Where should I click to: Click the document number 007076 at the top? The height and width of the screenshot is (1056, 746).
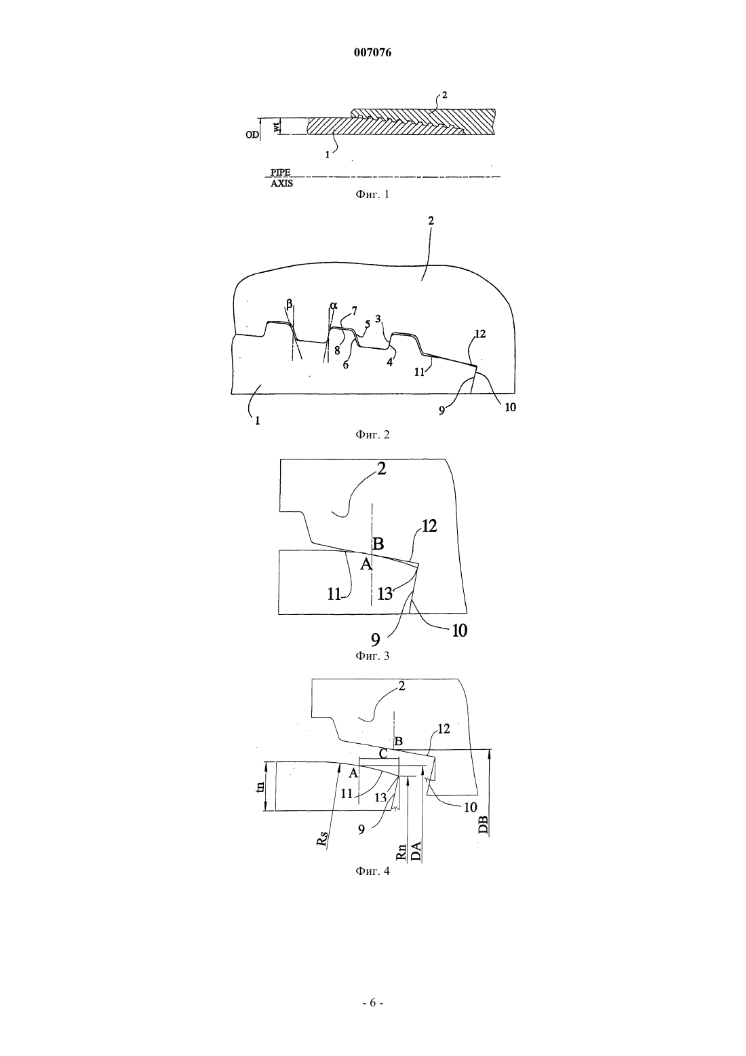point(372,53)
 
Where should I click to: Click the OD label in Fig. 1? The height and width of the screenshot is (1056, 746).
point(252,134)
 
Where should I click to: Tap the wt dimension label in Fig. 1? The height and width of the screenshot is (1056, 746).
point(278,126)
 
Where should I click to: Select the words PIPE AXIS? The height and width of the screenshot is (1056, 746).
point(281,178)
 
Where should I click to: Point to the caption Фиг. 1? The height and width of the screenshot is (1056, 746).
point(372,194)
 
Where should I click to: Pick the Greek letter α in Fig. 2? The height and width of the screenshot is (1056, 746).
point(334,305)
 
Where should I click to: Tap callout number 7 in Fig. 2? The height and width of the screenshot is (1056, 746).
point(354,310)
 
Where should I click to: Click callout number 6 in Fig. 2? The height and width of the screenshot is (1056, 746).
point(346,364)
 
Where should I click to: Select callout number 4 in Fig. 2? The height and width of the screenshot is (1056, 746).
point(390,362)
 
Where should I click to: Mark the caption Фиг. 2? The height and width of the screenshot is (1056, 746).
point(372,434)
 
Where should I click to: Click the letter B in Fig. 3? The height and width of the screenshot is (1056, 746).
point(378,544)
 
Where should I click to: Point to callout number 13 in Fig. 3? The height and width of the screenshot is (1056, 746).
point(385,593)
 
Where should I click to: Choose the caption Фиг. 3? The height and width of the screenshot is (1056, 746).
point(372,656)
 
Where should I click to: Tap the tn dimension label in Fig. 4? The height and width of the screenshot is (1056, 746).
point(260,786)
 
